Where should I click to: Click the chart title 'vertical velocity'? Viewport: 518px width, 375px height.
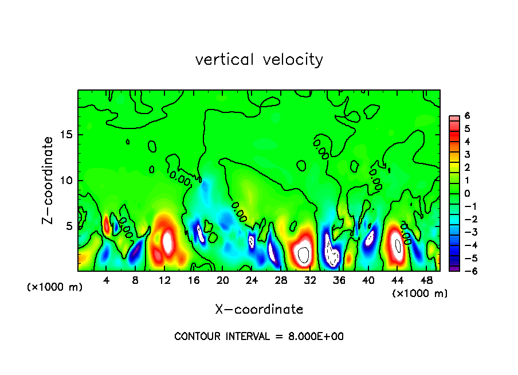pyautogui.click(x=259, y=60)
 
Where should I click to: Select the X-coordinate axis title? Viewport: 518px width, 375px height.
pyautogui.click(x=259, y=310)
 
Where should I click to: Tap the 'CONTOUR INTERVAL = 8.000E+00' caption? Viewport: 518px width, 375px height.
pyautogui.click(x=259, y=337)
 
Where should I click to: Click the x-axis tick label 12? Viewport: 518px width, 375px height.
pyautogui.click(x=164, y=280)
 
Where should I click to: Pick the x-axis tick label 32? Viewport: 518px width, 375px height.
pyautogui.click(x=310, y=280)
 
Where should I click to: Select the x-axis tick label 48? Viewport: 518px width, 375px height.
pyautogui.click(x=426, y=280)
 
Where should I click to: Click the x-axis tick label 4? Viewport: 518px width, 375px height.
pyautogui.click(x=107, y=280)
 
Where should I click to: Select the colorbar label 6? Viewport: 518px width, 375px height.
pyautogui.click(x=467, y=116)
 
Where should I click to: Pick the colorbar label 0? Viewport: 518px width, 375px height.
pyautogui.click(x=467, y=193)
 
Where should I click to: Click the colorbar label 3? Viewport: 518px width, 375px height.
pyautogui.click(x=467, y=154)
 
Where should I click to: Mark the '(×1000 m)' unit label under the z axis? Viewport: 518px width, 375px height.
pyautogui.click(x=55, y=287)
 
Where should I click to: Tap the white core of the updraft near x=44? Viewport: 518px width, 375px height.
pyautogui.click(x=398, y=246)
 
